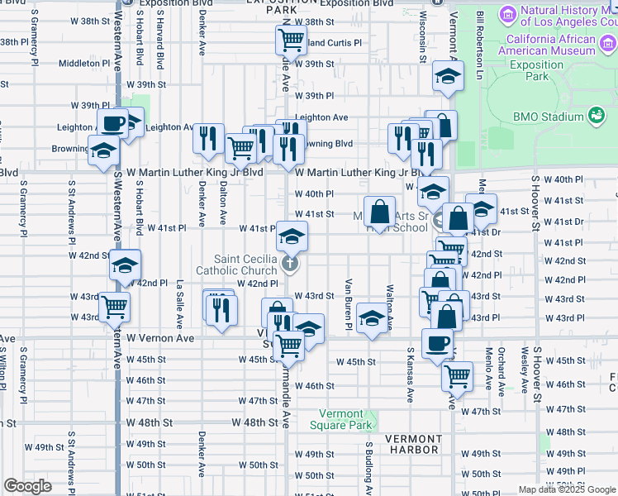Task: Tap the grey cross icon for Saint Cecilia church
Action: (289, 265)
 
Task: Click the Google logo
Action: (27, 486)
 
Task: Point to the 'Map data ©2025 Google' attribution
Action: (567, 489)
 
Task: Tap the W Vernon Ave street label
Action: (159, 339)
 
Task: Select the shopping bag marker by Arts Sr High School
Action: (379, 212)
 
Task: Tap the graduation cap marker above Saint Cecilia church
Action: (291, 236)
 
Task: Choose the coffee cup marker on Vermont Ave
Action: (436, 341)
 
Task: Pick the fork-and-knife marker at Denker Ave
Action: (208, 137)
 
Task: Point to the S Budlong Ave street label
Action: (369, 467)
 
